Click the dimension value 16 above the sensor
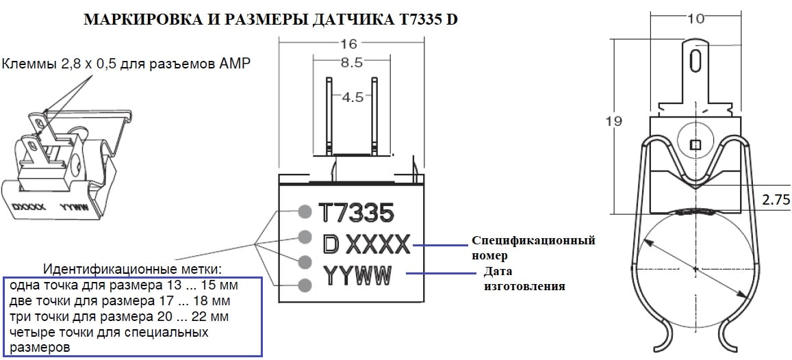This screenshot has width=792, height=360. [348, 44]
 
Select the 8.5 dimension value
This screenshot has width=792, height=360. [350, 63]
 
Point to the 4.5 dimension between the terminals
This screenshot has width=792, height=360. [352, 97]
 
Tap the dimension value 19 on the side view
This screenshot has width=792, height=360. [614, 122]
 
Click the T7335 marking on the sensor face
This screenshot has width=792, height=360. [357, 214]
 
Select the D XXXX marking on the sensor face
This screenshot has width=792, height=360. [366, 243]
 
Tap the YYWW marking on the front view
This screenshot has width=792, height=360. [357, 276]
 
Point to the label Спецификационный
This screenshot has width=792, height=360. [533, 241]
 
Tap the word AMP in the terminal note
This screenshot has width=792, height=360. [235, 64]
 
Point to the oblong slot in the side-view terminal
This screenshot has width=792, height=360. [695, 60]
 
